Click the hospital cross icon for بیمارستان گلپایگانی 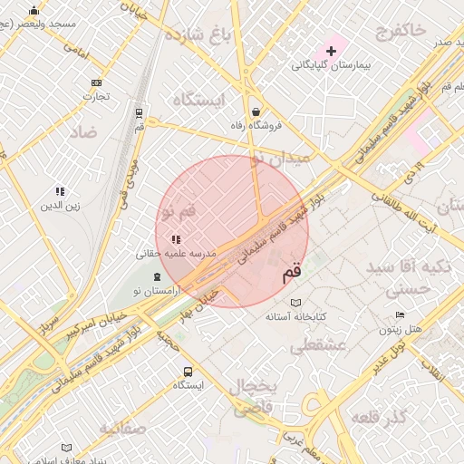(331, 50)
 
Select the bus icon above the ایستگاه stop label (188, 371)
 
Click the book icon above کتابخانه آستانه (295, 303)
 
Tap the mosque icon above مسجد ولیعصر (34, 11)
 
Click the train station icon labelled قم (139, 113)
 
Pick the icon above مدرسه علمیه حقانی (176, 240)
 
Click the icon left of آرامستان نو (158, 276)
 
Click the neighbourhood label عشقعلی (314, 345)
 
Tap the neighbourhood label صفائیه (123, 428)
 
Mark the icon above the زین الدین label (60, 191)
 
